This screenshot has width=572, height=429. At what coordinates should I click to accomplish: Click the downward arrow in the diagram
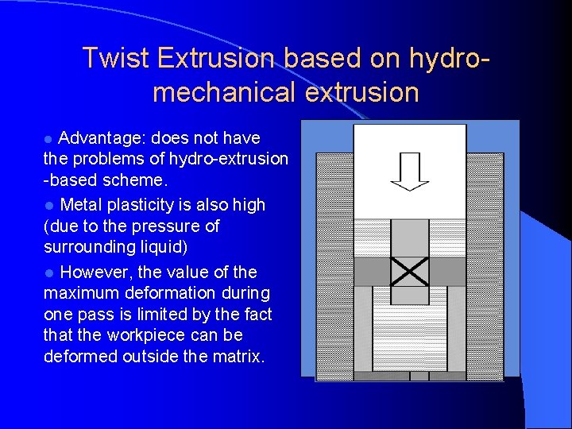coord(409,172)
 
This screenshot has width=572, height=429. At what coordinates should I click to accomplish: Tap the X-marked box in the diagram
coord(409,272)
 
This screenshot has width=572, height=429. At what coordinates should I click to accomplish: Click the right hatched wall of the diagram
coord(485,262)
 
